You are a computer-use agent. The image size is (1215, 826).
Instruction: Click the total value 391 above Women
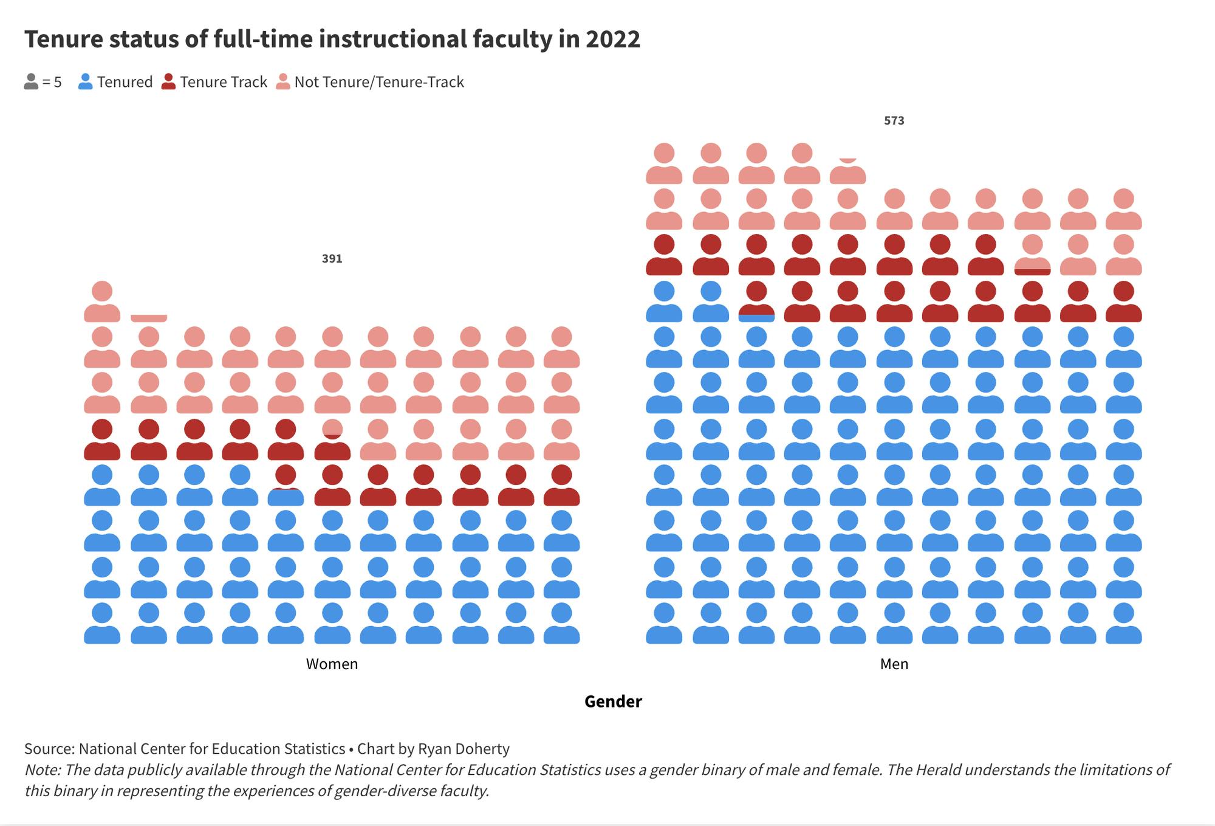pos(332,258)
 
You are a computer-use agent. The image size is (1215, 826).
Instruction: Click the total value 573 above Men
pos(894,120)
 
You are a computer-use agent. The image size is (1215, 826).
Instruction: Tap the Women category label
pos(332,664)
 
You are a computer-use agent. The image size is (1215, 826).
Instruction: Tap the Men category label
pos(894,664)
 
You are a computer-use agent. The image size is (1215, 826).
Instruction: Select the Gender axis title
pos(612,701)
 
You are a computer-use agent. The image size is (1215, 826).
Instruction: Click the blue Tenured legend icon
pos(86,82)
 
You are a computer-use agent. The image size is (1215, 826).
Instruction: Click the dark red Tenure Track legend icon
pos(168,82)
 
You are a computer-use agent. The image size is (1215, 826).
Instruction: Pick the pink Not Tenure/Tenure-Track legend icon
pos(282,82)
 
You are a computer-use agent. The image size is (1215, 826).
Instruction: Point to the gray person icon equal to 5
pos(31,82)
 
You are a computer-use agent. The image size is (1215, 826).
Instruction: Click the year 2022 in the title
pos(612,40)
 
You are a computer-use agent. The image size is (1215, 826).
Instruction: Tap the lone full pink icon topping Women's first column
pos(102,302)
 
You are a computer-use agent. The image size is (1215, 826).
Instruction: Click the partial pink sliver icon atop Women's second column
pos(149,318)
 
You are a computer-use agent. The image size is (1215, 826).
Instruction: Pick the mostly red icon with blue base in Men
pos(756,302)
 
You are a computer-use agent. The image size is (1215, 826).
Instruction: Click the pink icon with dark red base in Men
pos(1032,256)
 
